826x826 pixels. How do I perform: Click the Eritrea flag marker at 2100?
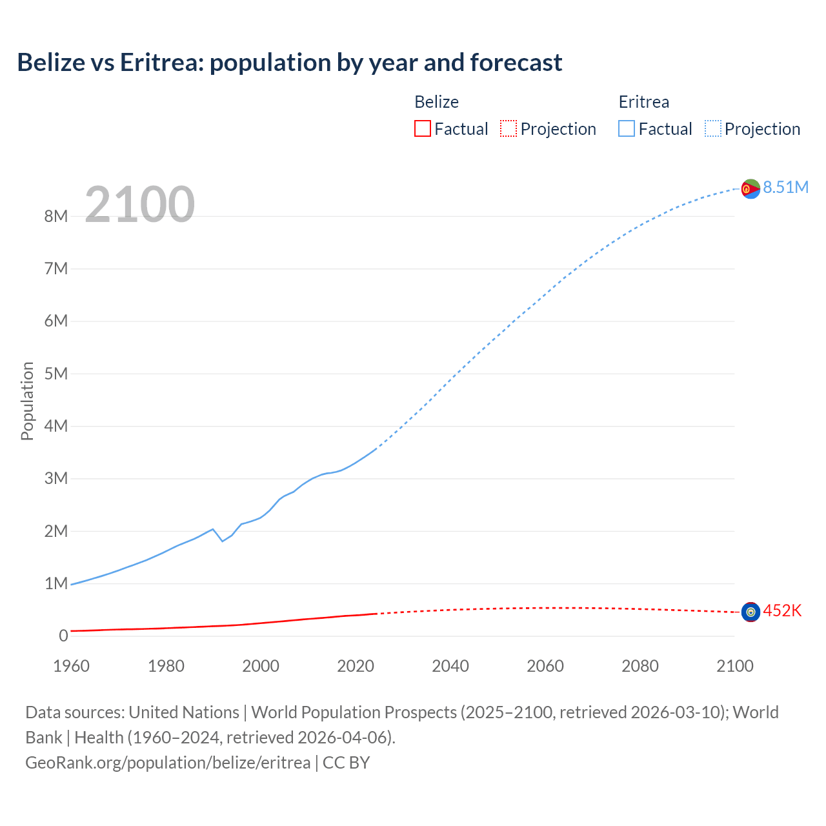[750, 189]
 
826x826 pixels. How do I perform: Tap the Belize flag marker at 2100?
[750, 612]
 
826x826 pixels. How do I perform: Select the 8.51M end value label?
[785, 188]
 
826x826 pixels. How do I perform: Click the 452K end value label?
[782, 611]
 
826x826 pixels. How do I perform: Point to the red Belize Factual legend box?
[422, 129]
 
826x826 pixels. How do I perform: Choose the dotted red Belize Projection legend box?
[509, 129]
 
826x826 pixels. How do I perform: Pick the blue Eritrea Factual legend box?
[627, 129]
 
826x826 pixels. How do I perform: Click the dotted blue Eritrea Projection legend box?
[713, 129]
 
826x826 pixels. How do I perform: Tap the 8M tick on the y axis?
[56, 217]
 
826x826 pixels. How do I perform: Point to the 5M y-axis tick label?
[56, 374]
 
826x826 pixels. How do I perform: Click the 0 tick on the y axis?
[63, 636]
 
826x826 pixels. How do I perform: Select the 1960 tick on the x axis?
[71, 666]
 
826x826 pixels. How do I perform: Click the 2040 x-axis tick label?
[450, 666]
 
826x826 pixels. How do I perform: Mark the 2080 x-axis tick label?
[640, 666]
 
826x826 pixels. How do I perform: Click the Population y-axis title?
[27, 401]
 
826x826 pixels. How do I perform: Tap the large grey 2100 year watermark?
[139, 205]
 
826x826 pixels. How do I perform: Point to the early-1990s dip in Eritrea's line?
[223, 541]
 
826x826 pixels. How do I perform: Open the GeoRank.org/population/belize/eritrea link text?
[168, 763]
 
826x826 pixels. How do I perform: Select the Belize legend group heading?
[436, 102]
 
